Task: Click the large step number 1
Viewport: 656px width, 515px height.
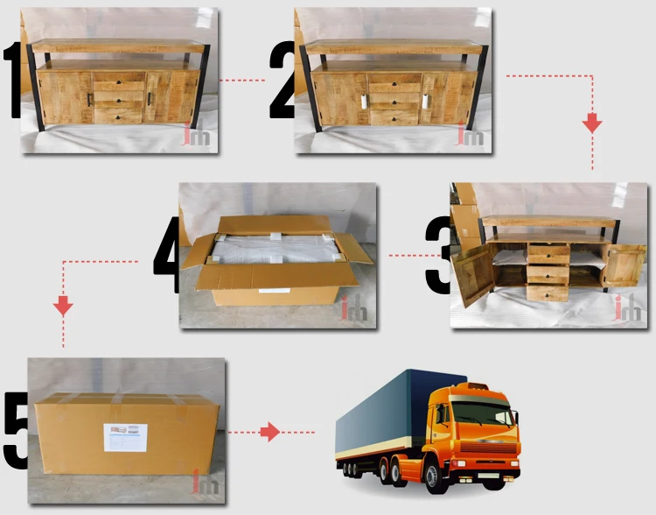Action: [x=13, y=81]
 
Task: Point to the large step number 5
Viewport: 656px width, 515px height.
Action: [x=16, y=430]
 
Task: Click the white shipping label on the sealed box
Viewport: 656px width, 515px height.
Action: [x=125, y=436]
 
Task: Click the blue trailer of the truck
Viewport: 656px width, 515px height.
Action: [x=385, y=416]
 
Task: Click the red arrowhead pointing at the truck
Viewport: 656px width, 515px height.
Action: [x=270, y=432]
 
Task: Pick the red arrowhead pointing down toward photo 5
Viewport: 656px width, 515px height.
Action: [x=62, y=306]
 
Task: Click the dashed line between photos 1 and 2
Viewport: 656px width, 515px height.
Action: [x=241, y=81]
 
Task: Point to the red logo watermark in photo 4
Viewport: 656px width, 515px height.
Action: [x=353, y=309]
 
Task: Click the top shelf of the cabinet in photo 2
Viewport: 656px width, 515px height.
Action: [x=389, y=47]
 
